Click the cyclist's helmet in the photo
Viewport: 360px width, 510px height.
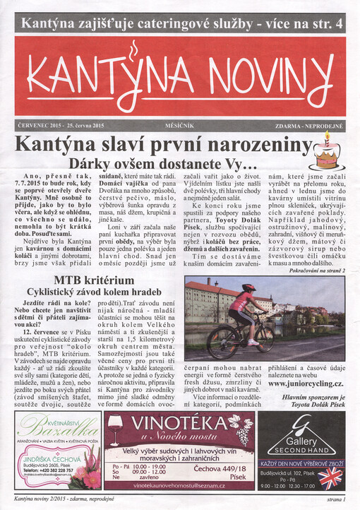click(x=248, y=288)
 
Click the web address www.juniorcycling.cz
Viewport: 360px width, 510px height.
click(x=306, y=383)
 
